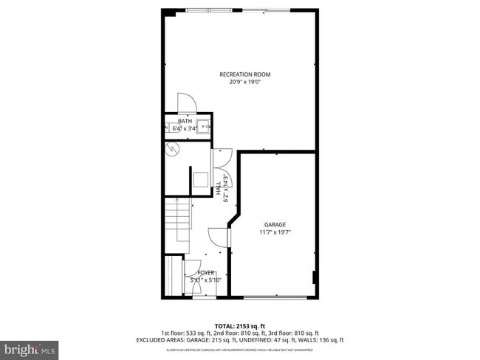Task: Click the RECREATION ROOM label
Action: (240, 75)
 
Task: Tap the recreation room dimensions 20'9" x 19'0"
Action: (240, 82)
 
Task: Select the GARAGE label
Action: (275, 224)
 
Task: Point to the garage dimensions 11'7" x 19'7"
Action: (275, 232)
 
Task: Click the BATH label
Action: (184, 121)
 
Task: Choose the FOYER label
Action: (205, 273)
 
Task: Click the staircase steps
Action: (177, 221)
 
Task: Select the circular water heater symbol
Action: (173, 149)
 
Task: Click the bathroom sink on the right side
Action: (205, 128)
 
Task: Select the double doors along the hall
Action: (223, 167)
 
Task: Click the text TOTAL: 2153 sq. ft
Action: (240, 325)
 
